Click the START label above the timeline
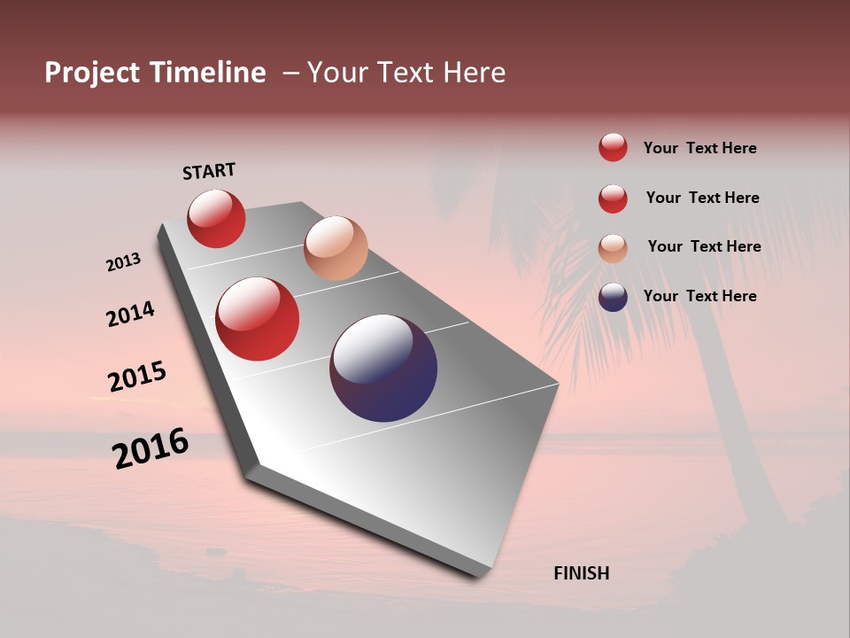(x=209, y=171)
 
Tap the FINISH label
(x=581, y=573)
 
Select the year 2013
(x=123, y=262)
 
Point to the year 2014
(x=130, y=314)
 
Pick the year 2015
(x=137, y=377)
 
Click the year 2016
(x=151, y=448)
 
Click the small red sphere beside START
(x=216, y=218)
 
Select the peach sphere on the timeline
(x=336, y=248)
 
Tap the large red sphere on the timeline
(x=258, y=319)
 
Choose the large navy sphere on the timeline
(x=383, y=368)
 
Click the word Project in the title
(x=93, y=73)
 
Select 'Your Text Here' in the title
(x=406, y=73)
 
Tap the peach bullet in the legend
(x=613, y=248)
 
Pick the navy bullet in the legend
(x=613, y=297)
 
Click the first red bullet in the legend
(x=613, y=147)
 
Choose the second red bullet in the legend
(x=613, y=198)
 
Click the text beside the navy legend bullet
(x=699, y=296)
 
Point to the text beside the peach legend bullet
(x=704, y=246)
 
